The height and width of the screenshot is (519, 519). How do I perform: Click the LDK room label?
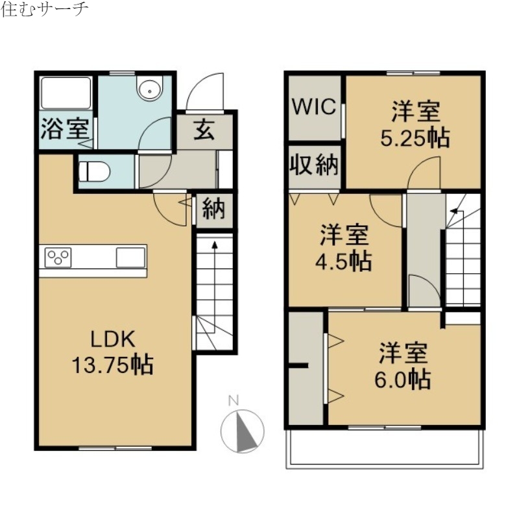click(112, 339)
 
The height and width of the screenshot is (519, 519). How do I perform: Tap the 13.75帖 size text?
click(112, 365)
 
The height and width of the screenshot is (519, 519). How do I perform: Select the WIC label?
click(314, 106)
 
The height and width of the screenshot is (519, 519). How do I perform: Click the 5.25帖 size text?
click(415, 139)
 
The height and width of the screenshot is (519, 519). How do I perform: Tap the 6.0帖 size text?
click(403, 379)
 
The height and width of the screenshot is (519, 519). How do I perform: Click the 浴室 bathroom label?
click(64, 128)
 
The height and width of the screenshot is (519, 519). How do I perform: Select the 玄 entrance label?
click(204, 130)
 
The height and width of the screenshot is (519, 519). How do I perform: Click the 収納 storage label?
click(314, 166)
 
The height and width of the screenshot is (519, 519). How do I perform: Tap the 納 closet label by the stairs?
click(213, 209)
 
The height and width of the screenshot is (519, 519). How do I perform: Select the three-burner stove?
click(58, 257)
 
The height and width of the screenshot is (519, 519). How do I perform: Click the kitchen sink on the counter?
click(131, 257)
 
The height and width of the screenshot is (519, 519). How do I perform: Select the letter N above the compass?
click(234, 400)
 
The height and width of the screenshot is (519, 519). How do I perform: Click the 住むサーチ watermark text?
click(45, 10)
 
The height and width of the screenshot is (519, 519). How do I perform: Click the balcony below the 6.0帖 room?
click(385, 448)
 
